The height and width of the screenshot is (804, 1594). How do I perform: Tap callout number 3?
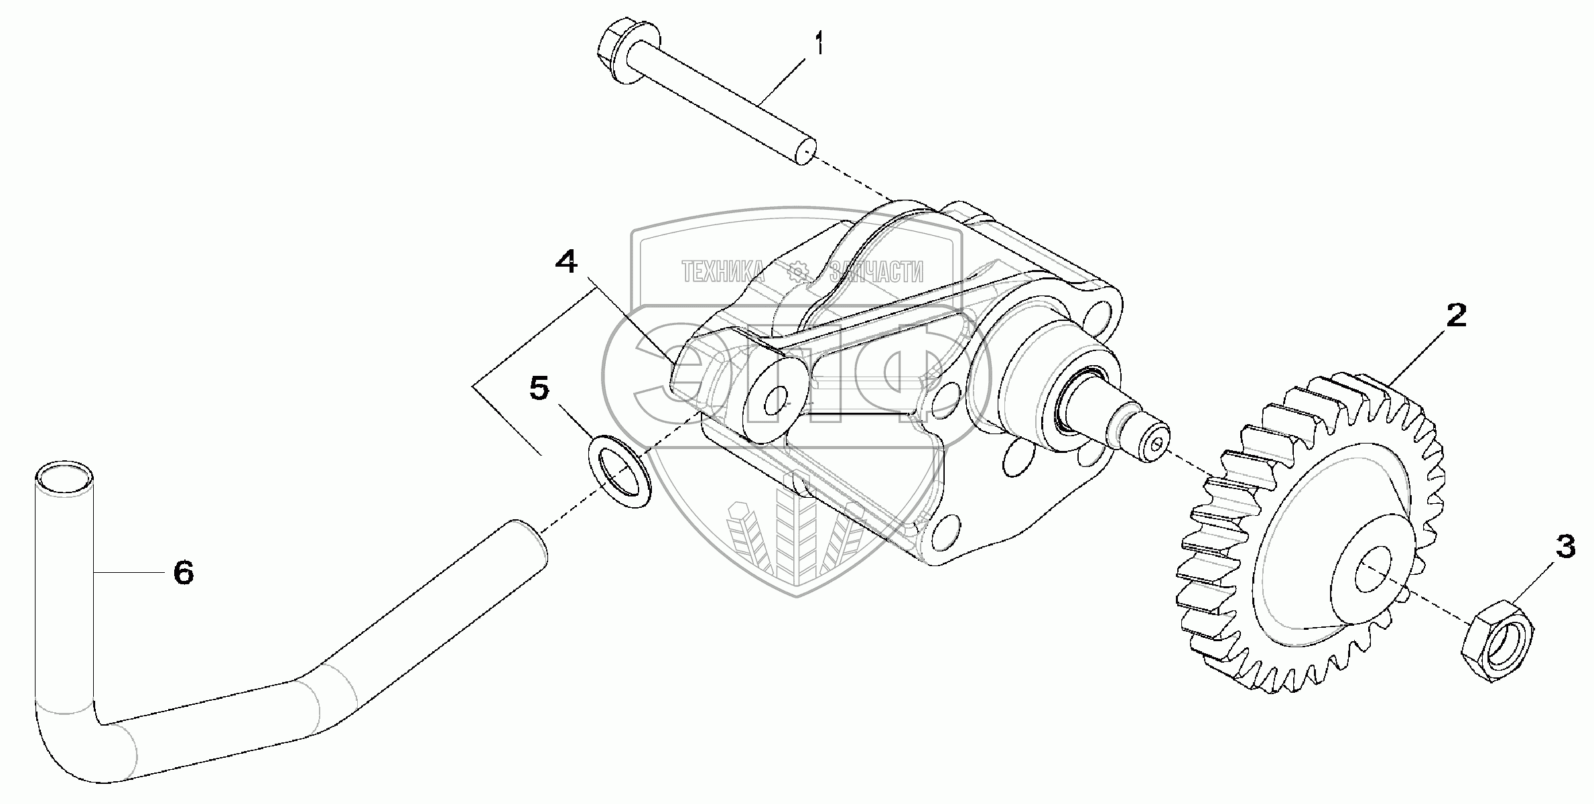pos(1565,547)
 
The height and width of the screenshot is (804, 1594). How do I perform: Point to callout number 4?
pos(566,262)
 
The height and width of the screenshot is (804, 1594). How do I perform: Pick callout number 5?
pos(539,389)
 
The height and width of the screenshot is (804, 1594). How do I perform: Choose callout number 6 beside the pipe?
pos(183,572)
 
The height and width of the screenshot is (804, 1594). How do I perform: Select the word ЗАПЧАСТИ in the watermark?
pos(876,271)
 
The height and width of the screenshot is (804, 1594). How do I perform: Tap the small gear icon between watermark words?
pos(798,271)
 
